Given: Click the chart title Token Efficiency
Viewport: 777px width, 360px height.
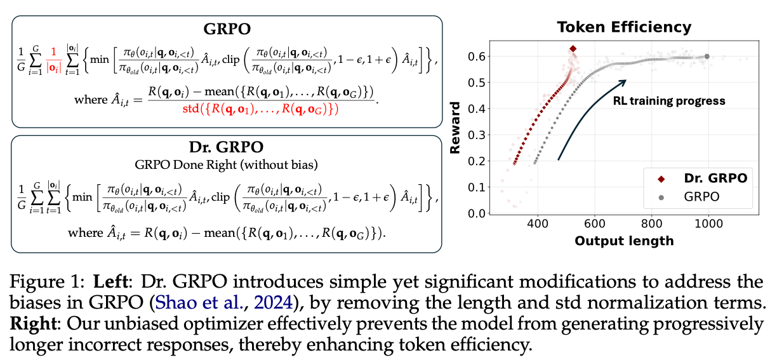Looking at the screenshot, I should click(623, 27).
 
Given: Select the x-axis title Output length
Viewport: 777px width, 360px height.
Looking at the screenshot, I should click(624, 241).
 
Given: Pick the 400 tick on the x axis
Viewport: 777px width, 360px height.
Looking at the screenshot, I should click(538, 225).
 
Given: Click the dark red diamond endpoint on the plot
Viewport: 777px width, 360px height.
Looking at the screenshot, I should click(573, 48).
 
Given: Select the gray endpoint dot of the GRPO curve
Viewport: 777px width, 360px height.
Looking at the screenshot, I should click(707, 57).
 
